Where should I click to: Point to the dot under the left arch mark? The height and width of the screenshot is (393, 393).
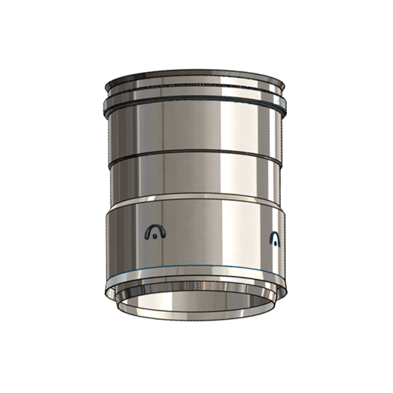154,236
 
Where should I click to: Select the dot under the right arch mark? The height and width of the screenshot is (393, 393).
276,243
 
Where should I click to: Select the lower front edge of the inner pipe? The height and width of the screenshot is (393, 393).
196,320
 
